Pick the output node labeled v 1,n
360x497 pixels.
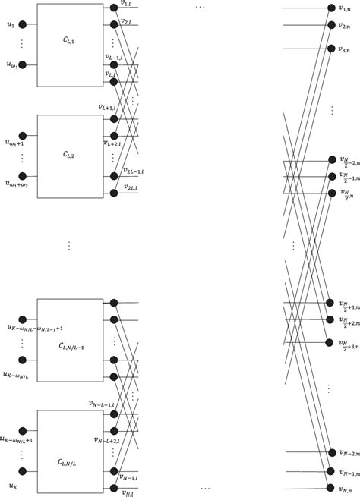click(330, 8)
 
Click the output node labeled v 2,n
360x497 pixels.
click(330, 26)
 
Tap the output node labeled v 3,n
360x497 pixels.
click(330, 49)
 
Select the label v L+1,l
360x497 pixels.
click(106, 108)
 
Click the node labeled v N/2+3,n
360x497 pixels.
click(330, 343)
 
